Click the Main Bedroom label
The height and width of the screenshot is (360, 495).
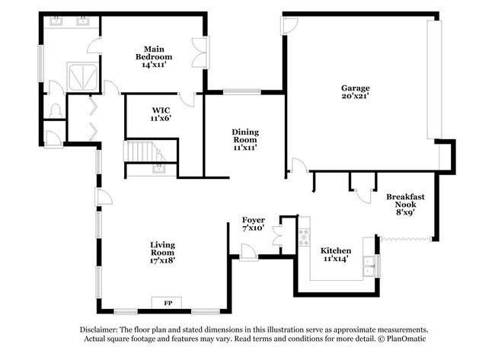coord(154,53)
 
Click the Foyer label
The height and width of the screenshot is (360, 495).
coord(253,220)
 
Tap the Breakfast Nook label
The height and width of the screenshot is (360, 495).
coord(405,202)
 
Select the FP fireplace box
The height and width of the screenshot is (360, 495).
coord(168,303)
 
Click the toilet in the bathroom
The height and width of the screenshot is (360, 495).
coord(54,111)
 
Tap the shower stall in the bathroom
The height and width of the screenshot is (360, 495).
coord(82,76)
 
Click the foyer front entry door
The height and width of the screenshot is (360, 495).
coord(247,252)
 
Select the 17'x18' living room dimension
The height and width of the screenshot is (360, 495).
coord(163,260)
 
